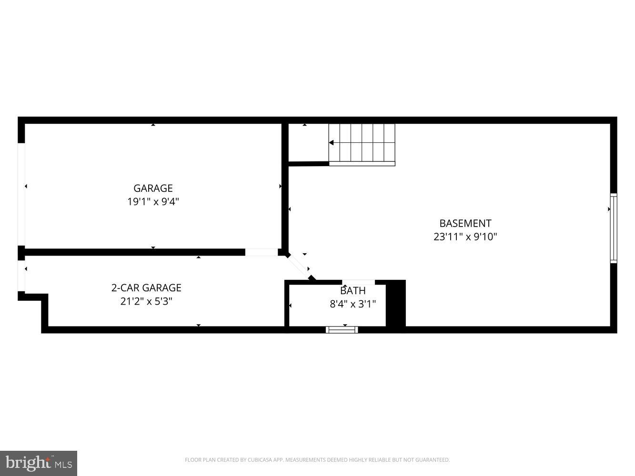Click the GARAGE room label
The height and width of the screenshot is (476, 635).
coord(153,188)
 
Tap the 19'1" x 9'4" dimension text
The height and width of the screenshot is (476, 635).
coord(153,201)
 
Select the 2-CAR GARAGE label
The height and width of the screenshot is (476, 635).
coord(146,288)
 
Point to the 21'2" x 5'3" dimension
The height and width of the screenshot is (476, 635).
coord(146,301)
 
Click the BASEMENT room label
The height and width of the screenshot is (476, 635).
coord(465,223)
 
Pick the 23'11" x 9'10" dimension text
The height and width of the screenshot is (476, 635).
coord(465,237)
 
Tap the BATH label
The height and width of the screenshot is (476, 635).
coord(353,291)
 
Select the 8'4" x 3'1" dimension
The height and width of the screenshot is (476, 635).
coord(353,304)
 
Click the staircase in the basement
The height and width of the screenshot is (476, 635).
coord(362,143)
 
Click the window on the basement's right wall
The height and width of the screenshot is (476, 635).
coord(614,228)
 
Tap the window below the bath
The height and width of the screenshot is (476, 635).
coord(342,329)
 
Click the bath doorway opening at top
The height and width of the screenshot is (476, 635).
coord(358,282)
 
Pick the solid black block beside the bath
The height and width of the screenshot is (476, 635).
coord(395,304)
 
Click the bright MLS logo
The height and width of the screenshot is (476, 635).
coord(38,463)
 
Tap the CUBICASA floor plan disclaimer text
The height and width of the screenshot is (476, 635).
coord(317,460)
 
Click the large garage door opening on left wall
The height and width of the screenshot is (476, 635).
coord(21,194)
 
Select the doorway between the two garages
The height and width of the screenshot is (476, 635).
coord(262,252)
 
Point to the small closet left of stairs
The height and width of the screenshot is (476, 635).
coord(308,143)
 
